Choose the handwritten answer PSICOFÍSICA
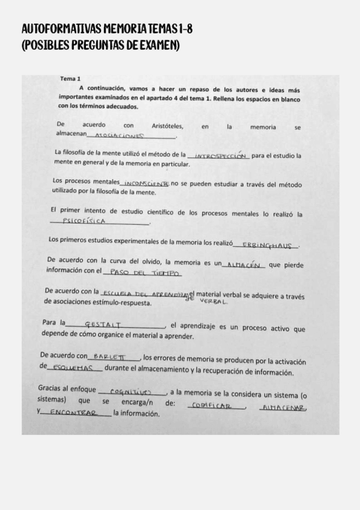pos(88,221)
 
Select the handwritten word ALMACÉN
pos(246,265)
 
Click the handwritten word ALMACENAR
pos(282,408)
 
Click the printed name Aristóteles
pos(168,126)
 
